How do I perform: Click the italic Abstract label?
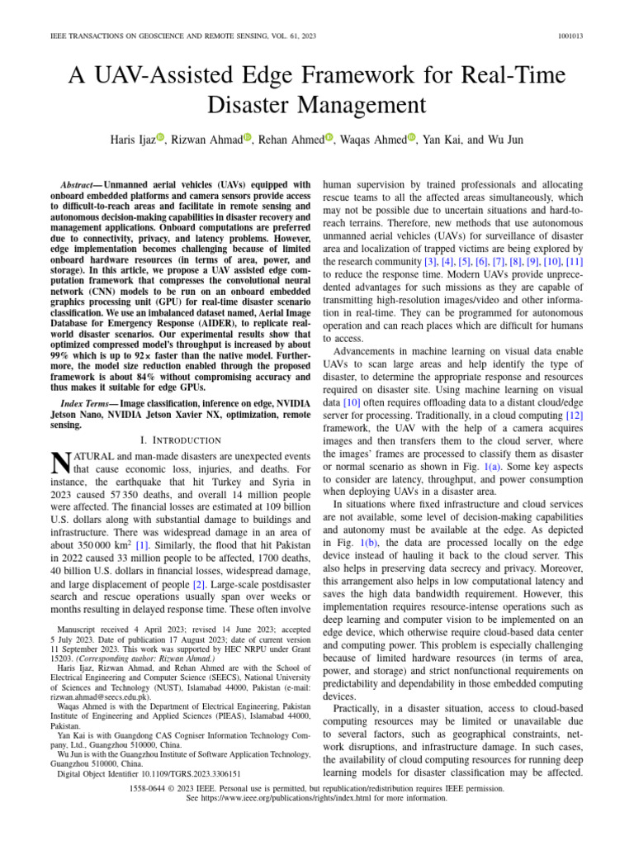(x=80, y=184)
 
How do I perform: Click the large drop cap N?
(x=59, y=463)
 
